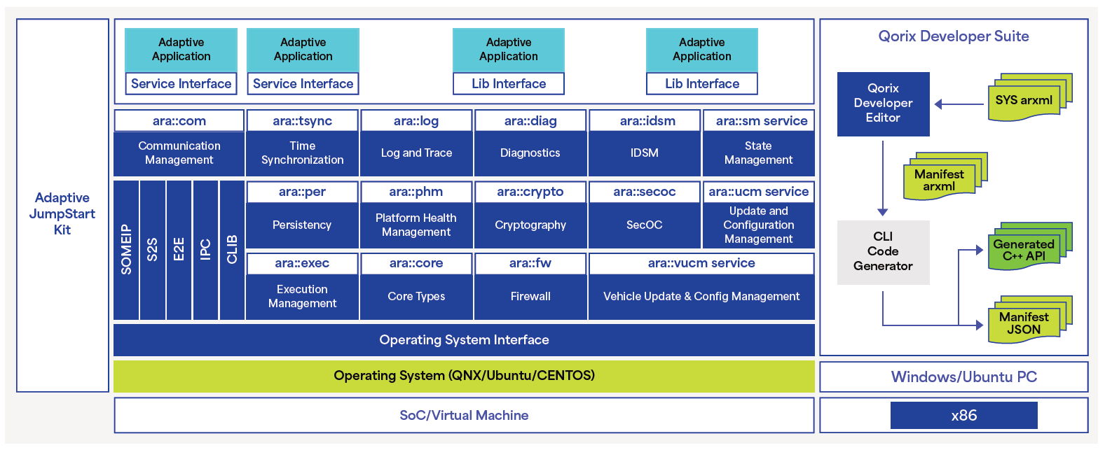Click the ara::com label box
179,121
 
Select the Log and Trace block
416,153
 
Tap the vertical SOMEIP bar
126,250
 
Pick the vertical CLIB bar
232,250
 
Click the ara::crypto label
530,192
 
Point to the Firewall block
530,297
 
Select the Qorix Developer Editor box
883,104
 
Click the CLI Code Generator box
883,252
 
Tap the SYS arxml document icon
1030,97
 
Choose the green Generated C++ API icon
1030,246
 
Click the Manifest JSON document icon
1030,319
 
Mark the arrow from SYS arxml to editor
959,104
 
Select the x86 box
964,416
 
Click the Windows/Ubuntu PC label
964,377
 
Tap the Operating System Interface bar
464,340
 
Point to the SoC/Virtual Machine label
464,416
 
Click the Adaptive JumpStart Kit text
62,214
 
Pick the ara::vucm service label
701,263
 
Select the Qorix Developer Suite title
954,36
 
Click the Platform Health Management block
416,225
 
